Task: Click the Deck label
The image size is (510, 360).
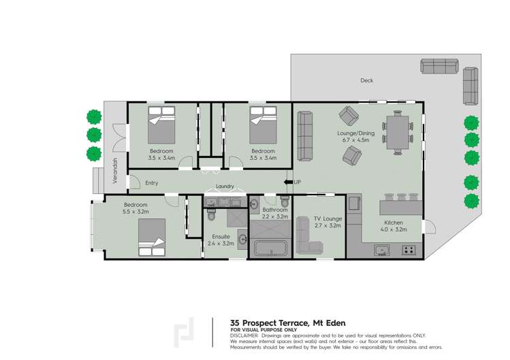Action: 367,80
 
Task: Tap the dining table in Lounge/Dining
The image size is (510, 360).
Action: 398,132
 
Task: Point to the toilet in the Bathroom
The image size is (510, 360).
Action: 285,201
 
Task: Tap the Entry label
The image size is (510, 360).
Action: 151,182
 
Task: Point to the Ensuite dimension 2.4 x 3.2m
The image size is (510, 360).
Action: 221,243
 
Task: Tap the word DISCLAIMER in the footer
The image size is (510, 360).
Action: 244,336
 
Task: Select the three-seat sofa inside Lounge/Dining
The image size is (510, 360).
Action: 304,128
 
